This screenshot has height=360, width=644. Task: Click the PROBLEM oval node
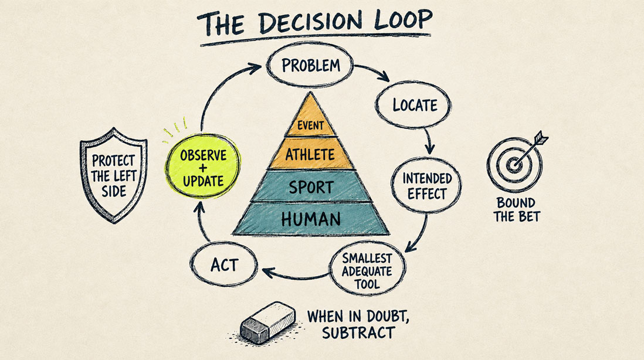[x=310, y=65]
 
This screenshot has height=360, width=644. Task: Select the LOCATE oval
[x=413, y=105]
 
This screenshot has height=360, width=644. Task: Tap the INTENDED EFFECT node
[x=426, y=185]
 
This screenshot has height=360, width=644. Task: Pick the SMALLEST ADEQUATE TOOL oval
[x=368, y=269]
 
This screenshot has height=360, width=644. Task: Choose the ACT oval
[x=224, y=264]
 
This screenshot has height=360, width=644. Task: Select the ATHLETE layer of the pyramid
[x=310, y=154]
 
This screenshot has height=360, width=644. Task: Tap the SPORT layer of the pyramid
[x=310, y=187]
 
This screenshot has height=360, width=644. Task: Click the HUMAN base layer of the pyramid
[x=310, y=219]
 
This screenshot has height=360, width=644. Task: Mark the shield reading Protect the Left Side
[x=113, y=175]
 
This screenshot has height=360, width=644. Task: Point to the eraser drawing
[x=268, y=322]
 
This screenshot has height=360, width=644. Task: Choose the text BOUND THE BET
[x=516, y=209]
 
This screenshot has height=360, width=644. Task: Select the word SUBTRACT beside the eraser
[x=358, y=332]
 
